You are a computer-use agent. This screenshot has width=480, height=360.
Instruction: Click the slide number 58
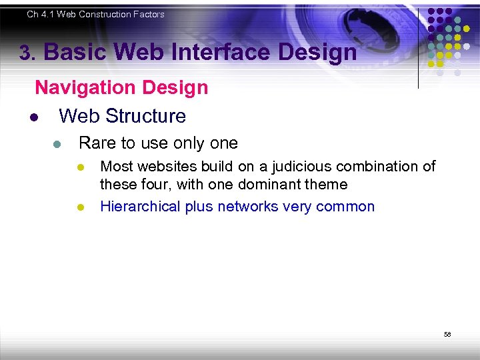coord(447,334)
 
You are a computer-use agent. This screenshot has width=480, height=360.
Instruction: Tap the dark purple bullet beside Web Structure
coord(33,118)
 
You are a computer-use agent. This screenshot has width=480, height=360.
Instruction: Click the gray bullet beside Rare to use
coord(58,145)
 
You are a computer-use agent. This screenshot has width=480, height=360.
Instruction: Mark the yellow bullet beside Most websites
coord(79,167)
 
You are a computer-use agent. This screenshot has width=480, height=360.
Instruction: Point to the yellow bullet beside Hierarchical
coord(79,207)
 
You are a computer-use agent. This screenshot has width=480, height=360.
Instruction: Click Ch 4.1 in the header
coord(40,14)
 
